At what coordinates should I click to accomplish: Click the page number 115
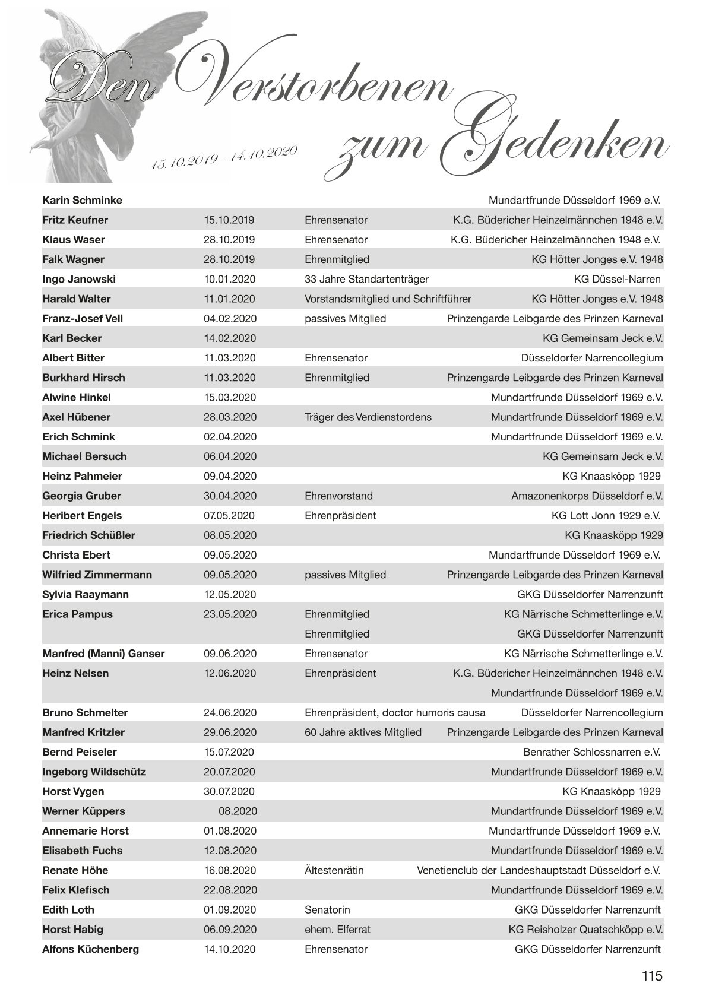[651, 976]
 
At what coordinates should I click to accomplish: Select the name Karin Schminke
[82, 201]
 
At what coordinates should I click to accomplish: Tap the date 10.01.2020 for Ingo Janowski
[230, 279]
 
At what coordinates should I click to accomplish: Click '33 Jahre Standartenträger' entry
[366, 279]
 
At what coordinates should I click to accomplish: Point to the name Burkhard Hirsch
[84, 378]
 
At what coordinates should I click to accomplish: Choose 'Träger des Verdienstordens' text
[368, 417]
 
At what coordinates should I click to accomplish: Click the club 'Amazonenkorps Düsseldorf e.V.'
[587, 496]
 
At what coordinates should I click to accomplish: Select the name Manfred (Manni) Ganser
[103, 654]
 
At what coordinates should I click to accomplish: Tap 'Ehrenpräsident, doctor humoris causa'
[395, 712]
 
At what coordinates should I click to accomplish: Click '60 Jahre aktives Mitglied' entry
[363, 732]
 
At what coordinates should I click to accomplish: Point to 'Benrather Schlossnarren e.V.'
[591, 752]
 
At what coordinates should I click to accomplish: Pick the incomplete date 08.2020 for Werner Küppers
[238, 811]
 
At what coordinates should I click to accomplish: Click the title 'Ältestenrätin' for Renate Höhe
[334, 870]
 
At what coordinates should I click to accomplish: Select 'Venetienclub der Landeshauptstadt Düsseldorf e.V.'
[539, 870]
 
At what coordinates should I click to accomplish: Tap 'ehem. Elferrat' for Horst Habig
[337, 929]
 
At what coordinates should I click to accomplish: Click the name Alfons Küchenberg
[90, 949]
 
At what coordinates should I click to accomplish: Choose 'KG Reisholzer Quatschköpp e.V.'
[585, 929]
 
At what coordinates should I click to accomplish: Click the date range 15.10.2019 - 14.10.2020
[224, 157]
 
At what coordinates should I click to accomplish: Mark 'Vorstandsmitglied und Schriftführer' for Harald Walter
[388, 299]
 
